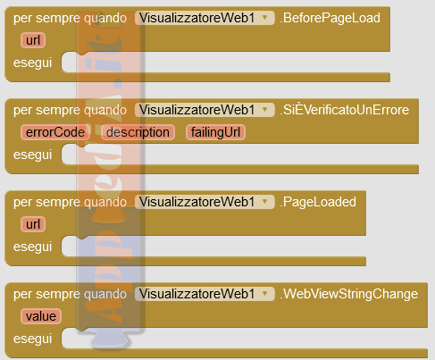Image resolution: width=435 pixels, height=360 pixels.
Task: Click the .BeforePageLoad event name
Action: pyautogui.click(x=330, y=18)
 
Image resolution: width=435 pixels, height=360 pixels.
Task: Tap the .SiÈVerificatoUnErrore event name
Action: pyautogui.click(x=344, y=110)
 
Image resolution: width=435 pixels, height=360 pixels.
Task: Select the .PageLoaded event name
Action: pyautogui.click(x=318, y=202)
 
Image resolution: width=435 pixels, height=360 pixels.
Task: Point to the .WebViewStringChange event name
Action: pyautogui.click(x=348, y=294)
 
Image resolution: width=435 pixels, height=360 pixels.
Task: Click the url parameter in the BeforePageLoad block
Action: pyautogui.click(x=33, y=40)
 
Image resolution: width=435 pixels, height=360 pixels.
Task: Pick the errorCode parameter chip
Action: pyautogui.click(x=55, y=132)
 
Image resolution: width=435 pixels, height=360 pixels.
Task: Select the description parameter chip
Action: pyautogui.click(x=138, y=132)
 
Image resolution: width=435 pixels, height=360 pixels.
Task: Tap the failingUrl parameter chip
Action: pyautogui.click(x=215, y=132)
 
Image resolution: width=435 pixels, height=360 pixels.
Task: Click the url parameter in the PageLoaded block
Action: pyautogui.click(x=33, y=224)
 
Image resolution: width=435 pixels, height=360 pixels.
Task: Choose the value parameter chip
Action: pyautogui.click(x=41, y=316)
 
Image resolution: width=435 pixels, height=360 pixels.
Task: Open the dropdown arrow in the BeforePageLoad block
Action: pyautogui.click(x=264, y=18)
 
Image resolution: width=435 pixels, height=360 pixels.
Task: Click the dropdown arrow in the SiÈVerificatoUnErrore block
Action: pyautogui.click(x=264, y=110)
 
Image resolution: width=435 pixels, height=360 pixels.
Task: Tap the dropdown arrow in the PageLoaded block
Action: pyautogui.click(x=264, y=202)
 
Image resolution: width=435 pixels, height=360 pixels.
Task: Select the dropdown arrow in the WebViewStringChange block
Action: pyautogui.click(x=264, y=294)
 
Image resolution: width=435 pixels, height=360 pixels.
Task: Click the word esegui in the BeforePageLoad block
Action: pyautogui.click(x=32, y=63)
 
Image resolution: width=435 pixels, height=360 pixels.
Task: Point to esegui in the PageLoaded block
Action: pyautogui.click(x=32, y=247)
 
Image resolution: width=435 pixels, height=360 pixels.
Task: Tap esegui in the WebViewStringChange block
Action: pyautogui.click(x=32, y=339)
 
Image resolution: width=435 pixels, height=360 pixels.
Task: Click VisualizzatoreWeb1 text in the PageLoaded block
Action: pyautogui.click(x=197, y=202)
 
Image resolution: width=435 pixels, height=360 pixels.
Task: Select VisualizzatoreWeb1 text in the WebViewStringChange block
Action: pyautogui.click(x=197, y=294)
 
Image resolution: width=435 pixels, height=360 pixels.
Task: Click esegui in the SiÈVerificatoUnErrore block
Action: pyautogui.click(x=32, y=155)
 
